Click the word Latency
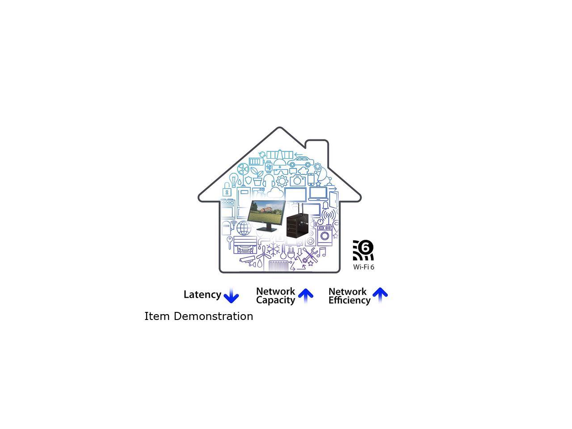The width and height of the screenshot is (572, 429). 202,294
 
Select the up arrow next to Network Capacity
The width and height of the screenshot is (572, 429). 306,296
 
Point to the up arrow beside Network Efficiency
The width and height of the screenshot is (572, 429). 380,295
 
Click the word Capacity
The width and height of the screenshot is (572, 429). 275,300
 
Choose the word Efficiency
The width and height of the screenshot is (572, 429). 349,300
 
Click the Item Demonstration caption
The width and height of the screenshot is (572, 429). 198,316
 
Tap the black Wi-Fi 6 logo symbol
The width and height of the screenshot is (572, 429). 363,250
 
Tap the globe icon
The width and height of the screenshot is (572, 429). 244,228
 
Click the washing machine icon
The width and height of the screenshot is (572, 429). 325,236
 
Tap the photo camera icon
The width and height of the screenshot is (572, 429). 297,180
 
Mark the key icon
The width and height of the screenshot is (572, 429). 230,243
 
